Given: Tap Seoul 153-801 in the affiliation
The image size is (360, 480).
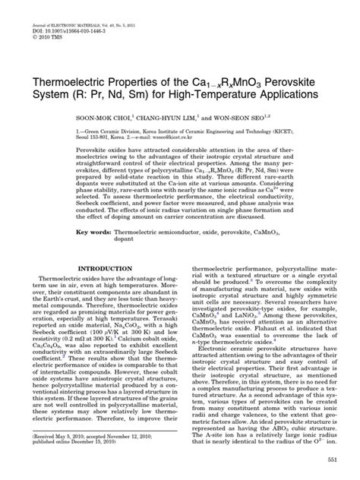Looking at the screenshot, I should pyautogui.click(x=79, y=118).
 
